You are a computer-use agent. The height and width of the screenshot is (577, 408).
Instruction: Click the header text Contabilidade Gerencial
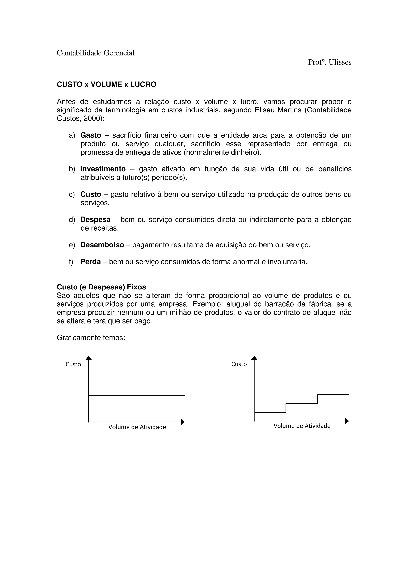point(96,53)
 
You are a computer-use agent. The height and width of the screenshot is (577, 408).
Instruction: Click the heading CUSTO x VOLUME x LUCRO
point(106,85)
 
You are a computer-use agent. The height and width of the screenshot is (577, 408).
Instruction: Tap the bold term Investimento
point(103,169)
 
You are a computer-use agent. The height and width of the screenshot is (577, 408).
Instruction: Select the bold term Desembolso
point(102,245)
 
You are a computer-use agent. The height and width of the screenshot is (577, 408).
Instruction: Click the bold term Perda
point(90,262)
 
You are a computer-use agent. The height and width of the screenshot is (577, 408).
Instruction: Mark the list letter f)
point(71,262)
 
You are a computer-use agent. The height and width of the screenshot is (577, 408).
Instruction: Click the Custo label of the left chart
point(73,364)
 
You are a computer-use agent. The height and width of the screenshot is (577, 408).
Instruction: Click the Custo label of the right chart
point(239,364)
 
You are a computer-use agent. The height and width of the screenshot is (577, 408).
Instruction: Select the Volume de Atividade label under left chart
point(137,427)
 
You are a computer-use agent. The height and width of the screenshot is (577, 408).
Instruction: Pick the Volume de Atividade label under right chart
point(302,426)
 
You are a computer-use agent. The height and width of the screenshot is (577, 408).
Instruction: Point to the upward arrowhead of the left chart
point(89,358)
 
